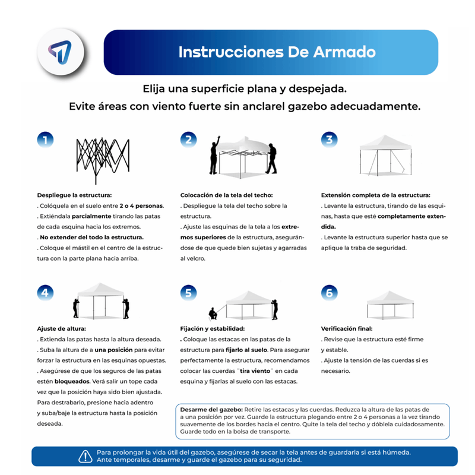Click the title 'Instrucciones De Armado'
277,52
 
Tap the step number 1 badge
46,140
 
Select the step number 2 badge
189,140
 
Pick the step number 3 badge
330,140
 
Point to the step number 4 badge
46,292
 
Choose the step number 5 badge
189,292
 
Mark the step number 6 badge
330,292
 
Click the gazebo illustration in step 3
387,155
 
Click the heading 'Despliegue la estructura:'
74,195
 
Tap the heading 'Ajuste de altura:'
62,328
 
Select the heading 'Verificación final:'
347,328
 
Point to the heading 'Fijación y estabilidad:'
212,328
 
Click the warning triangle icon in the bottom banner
85,456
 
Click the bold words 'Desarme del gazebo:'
207,410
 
